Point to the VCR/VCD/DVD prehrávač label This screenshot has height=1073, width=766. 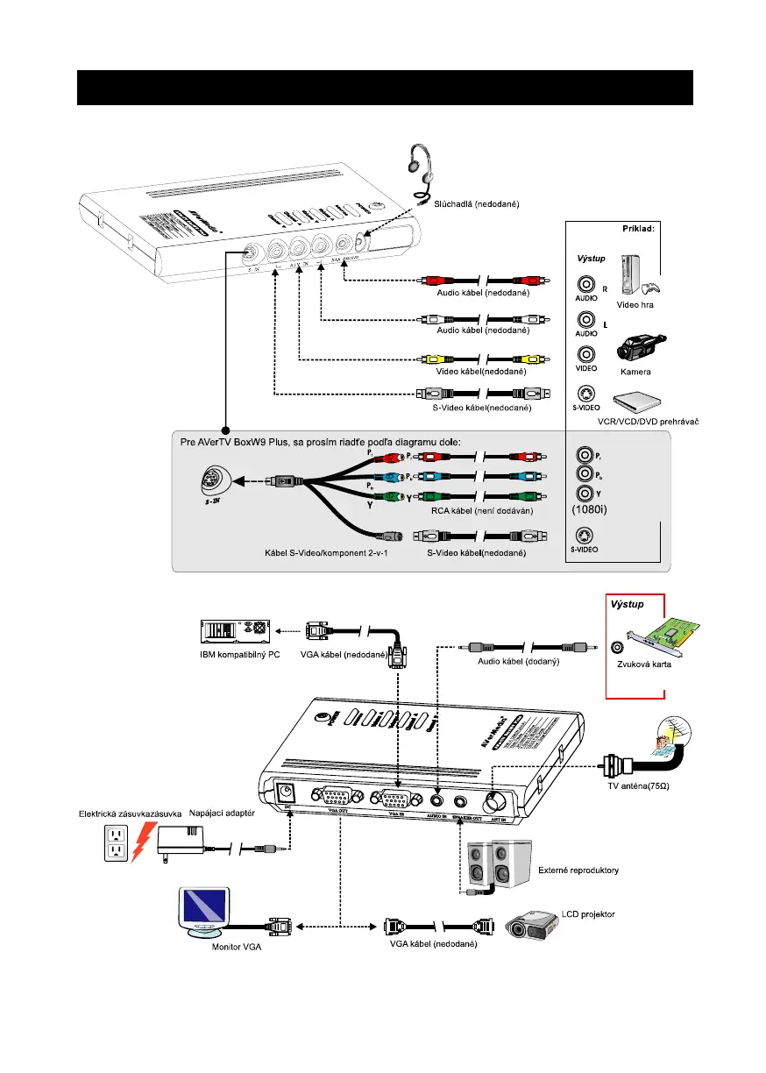648,421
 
